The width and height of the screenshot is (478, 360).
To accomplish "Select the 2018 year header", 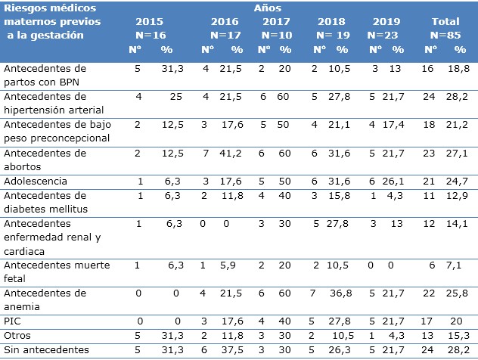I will (x=330, y=23).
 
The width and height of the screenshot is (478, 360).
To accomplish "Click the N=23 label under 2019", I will (x=389, y=35).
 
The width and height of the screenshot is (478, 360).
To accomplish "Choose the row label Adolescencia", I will (x=36, y=182).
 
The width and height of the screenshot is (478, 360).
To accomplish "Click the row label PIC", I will (x=12, y=321).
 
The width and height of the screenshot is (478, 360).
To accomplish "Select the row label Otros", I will (x=17, y=334).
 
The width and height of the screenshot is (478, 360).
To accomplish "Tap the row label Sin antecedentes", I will (x=45, y=349).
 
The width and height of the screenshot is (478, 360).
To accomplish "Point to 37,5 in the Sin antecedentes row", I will (x=237, y=349).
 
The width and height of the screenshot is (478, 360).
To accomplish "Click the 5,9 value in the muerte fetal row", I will (x=237, y=265).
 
